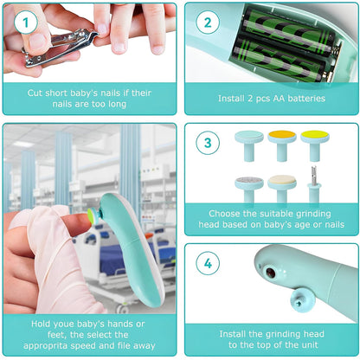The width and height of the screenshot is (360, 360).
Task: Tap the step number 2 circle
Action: click(207, 22)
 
